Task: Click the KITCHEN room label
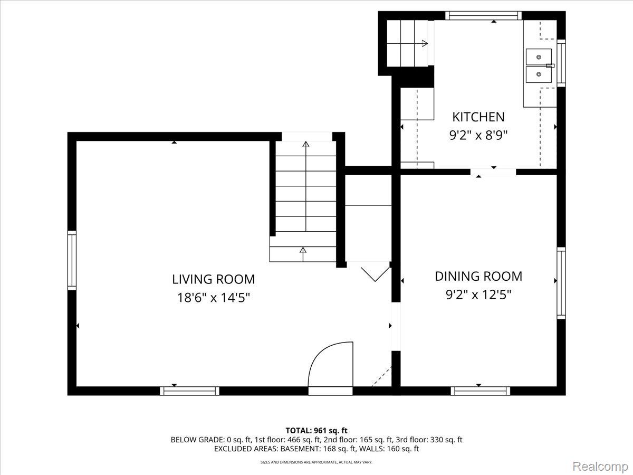click(x=478, y=117)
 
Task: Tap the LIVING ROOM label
click(x=214, y=279)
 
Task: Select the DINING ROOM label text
click(x=478, y=276)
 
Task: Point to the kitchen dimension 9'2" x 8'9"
click(x=478, y=135)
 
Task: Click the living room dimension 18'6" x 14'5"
click(x=214, y=298)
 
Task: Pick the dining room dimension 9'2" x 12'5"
click(x=478, y=294)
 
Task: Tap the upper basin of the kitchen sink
click(x=539, y=57)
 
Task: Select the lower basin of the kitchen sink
click(x=539, y=74)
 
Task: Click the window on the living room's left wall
click(x=72, y=260)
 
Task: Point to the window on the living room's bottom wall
click(x=189, y=391)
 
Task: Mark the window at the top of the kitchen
click(x=483, y=16)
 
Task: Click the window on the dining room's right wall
click(x=561, y=283)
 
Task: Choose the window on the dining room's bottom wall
click(x=481, y=391)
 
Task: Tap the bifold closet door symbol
click(x=375, y=274)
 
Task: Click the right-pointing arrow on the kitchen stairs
click(x=425, y=44)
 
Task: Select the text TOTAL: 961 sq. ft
click(x=316, y=431)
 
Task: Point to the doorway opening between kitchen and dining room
click(x=493, y=172)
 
